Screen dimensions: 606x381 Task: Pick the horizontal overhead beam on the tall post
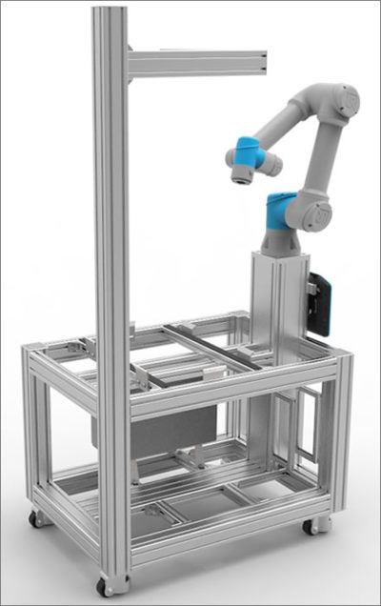[195, 64]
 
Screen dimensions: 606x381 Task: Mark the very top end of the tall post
[110, 11]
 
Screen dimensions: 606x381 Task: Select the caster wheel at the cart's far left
[36, 519]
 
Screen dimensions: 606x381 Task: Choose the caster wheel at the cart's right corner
[311, 525]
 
